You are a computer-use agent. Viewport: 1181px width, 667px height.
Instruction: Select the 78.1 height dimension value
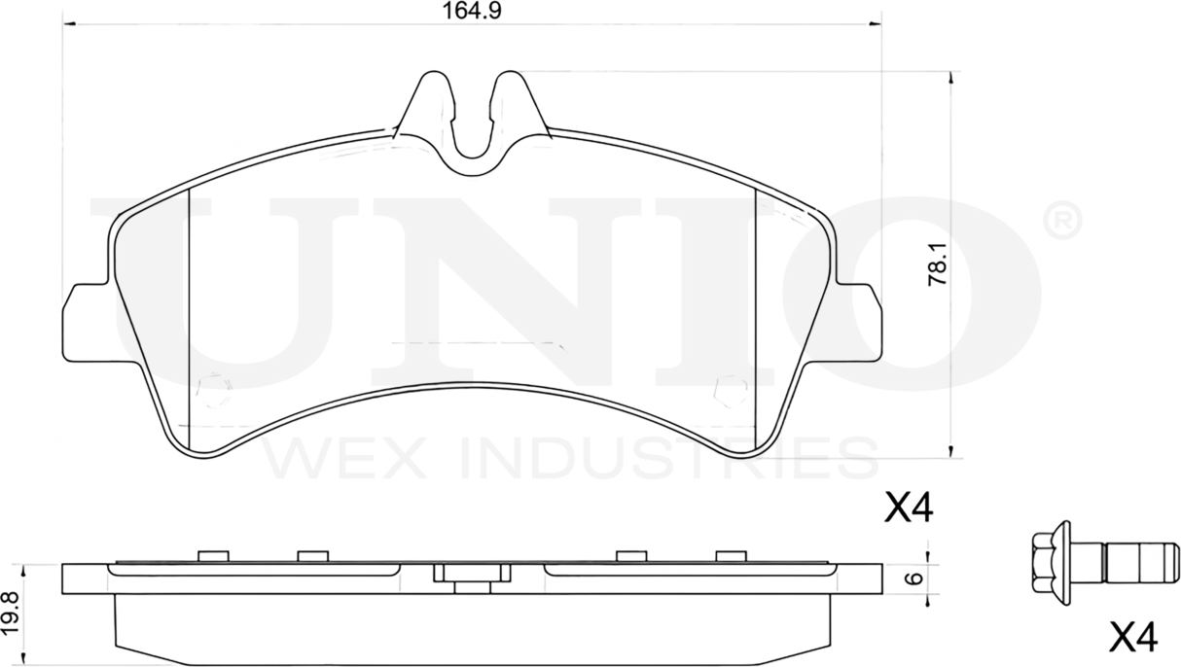[x=939, y=264]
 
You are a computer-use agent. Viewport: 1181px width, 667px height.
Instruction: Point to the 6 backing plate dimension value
[x=913, y=578]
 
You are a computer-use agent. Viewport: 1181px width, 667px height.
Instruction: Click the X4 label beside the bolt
[x=1133, y=638]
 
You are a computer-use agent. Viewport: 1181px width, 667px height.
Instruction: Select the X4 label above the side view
[x=908, y=508]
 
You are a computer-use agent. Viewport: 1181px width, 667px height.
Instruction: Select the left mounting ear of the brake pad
[x=83, y=321]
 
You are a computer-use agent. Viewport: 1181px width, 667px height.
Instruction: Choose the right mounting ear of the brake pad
[x=860, y=321]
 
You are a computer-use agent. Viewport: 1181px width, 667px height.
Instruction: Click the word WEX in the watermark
[x=345, y=458]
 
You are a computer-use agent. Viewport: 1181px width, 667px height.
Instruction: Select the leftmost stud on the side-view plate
[x=212, y=555]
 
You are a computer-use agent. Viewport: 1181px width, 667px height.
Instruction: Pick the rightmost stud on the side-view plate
[x=730, y=555]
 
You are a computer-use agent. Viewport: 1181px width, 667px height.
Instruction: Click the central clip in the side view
[x=472, y=576]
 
